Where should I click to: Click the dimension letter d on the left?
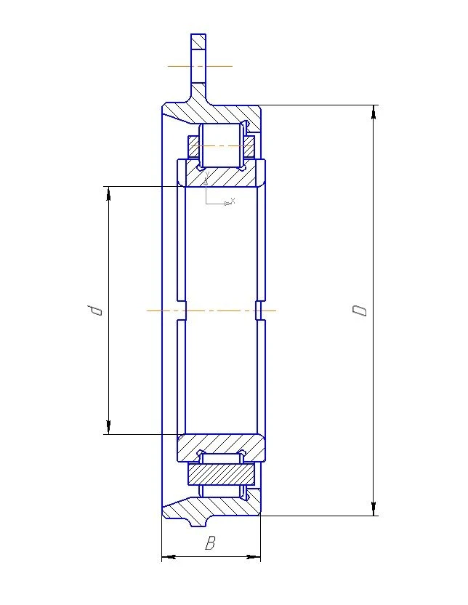pyautogui.click(x=95, y=310)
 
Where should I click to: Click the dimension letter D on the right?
pyautogui.click(x=360, y=310)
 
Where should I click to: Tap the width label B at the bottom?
pyautogui.click(x=210, y=543)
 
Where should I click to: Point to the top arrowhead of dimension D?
pyautogui.click(x=374, y=111)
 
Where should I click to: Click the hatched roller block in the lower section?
pyautogui.click(x=221, y=474)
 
